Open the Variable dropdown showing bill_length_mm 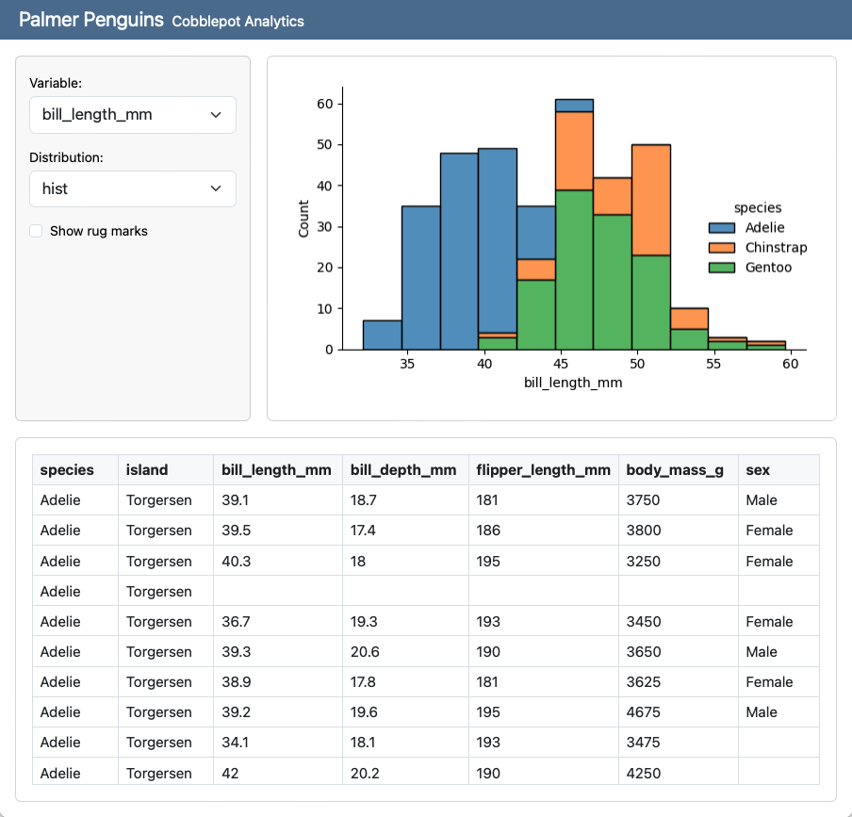132,115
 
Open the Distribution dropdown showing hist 132,188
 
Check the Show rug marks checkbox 36,231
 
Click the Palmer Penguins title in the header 91,20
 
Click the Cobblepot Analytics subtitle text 238,21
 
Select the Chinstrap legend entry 775,248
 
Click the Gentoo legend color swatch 722,268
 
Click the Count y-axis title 303,219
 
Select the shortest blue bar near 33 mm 382,335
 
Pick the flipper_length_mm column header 543,470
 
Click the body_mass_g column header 675,470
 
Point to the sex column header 758,470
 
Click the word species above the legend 758,207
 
